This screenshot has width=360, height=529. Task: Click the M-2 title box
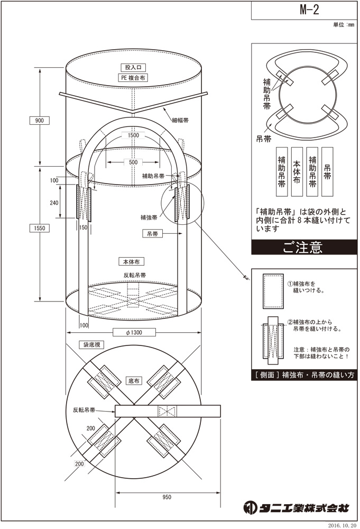coord(304,9)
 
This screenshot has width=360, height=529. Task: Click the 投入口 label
coord(132,68)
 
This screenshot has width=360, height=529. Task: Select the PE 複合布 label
coord(132,77)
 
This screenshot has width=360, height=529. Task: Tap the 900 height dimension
coord(39,120)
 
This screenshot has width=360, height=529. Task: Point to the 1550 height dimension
coord(39,228)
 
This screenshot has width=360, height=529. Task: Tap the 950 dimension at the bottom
coord(168,497)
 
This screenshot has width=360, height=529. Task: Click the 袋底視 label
coord(91,344)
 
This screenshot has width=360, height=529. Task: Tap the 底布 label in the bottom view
coord(134,380)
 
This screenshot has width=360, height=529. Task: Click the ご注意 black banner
coord(302,248)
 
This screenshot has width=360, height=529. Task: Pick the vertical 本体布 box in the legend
coord(296,172)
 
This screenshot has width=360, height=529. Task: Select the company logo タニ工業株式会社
coord(297,508)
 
